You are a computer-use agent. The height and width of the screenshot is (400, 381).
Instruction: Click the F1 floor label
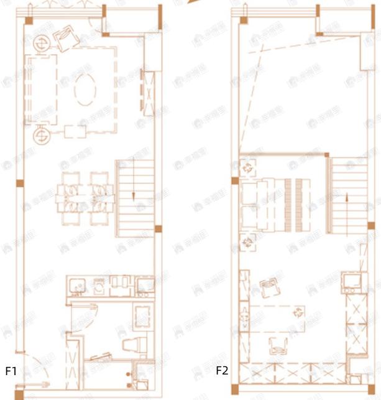point(11,371)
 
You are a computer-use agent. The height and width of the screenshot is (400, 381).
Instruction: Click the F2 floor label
point(222,371)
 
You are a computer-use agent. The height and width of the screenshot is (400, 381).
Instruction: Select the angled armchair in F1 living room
point(64,40)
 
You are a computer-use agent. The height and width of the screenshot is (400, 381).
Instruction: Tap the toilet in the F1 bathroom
point(134,345)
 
